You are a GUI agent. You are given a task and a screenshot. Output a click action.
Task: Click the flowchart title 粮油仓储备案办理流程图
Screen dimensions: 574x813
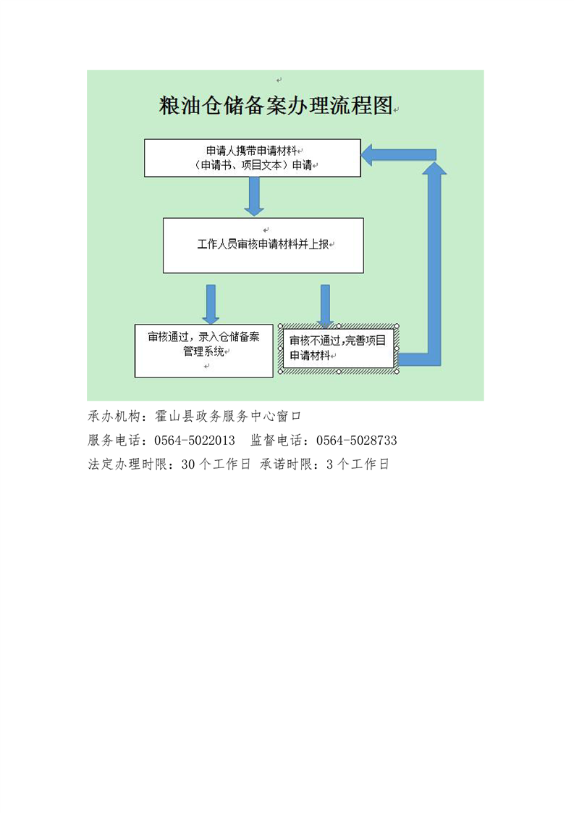(x=276, y=106)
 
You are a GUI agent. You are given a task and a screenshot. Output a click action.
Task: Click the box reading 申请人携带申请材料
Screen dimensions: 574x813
(x=253, y=158)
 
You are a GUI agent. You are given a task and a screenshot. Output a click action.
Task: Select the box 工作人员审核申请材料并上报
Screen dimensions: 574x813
(x=263, y=245)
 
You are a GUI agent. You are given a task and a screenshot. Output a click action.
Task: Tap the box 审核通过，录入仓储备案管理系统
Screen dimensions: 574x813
(x=203, y=351)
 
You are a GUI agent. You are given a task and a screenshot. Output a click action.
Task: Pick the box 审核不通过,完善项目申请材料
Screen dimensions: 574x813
(x=339, y=349)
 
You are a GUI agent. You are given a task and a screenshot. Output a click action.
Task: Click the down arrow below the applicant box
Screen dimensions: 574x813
(x=254, y=196)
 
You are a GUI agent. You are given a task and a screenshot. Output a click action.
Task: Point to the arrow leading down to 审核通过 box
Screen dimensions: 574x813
(x=211, y=304)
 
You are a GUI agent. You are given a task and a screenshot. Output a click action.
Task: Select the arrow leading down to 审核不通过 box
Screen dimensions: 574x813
(x=325, y=306)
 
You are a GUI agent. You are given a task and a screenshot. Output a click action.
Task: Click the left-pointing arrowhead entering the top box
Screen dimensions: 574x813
(x=367, y=154)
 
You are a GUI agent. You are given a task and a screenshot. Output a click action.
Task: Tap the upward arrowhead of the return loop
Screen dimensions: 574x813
(x=434, y=169)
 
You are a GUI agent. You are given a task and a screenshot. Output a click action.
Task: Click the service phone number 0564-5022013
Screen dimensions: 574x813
(x=194, y=441)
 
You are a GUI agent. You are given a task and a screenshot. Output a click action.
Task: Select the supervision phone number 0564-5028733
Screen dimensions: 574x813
(x=356, y=441)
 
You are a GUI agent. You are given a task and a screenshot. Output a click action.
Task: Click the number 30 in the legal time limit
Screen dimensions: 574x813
(x=187, y=464)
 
